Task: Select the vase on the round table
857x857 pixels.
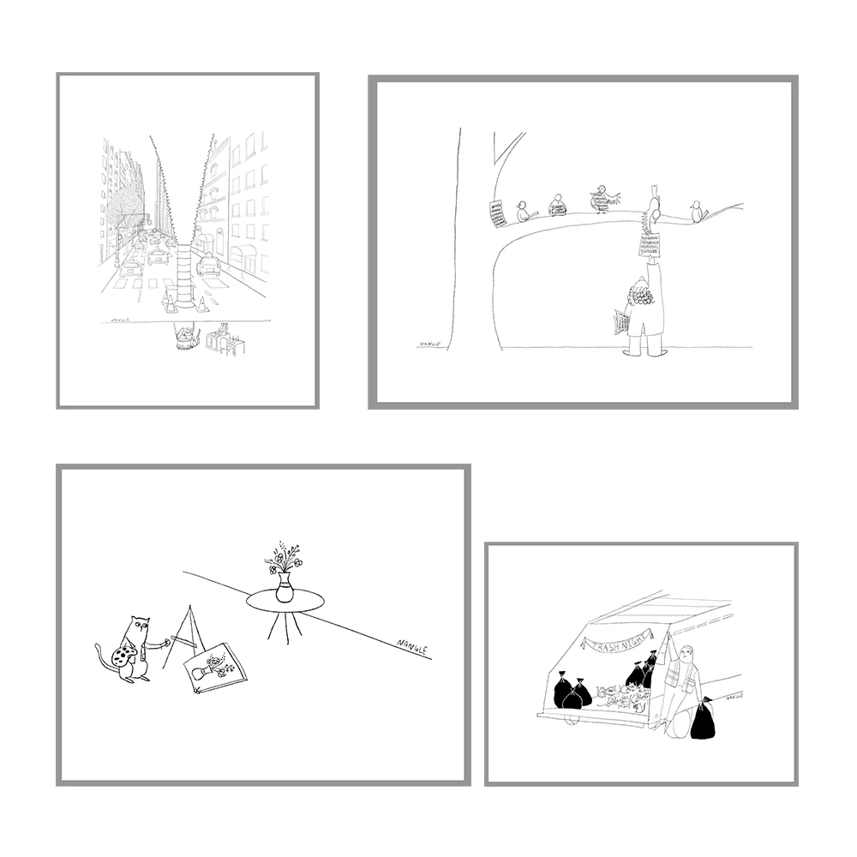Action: coord(284,590)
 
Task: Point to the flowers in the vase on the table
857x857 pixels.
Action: coord(284,558)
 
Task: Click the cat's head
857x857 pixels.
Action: coord(137,632)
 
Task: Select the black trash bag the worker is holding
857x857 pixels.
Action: coord(703,721)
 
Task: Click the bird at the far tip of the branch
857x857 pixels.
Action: coord(698,211)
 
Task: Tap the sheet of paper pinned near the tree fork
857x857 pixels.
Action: coord(496,213)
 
